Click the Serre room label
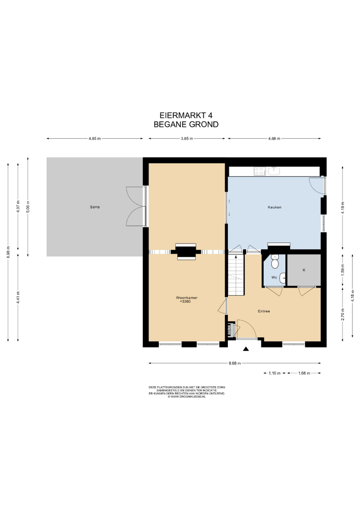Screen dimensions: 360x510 click(95, 207)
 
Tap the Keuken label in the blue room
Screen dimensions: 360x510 click(275, 207)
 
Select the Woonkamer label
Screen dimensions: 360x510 click(187, 297)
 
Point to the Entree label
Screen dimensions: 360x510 click(264, 311)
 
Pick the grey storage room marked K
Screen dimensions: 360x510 click(304, 270)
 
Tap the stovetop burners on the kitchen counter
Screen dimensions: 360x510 click(260, 171)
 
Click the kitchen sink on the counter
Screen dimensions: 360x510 click(275, 171)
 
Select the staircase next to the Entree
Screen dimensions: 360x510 click(235, 275)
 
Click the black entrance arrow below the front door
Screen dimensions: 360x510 click(246, 349)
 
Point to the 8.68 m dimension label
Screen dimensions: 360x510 click(234, 363)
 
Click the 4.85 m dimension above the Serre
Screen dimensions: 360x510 click(94, 138)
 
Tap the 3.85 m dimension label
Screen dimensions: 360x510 click(187, 138)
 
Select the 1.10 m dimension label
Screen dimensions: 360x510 click(275, 373)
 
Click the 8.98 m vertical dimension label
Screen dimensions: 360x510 click(8, 252)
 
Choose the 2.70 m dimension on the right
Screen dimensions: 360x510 click(343, 314)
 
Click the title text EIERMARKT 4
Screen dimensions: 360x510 click(186, 116)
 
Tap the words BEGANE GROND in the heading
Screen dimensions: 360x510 click(186, 124)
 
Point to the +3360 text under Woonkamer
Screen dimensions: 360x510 click(185, 301)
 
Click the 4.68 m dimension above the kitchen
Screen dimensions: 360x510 click(274, 138)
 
